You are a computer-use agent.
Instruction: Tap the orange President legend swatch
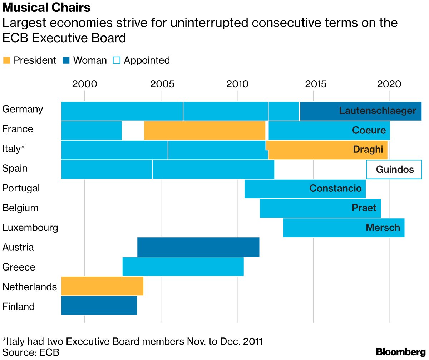click(7, 60)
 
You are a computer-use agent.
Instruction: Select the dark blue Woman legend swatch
click(66, 60)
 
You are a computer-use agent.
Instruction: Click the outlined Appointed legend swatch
click(117, 60)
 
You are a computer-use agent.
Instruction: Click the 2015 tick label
click(313, 84)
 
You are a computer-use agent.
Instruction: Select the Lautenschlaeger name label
click(378, 111)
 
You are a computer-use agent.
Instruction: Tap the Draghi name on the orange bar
click(368, 150)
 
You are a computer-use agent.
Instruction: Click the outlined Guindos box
click(394, 169)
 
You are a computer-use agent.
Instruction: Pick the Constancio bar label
click(335, 189)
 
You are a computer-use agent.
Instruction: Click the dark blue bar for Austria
click(198, 247)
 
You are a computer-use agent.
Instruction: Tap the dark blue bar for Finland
click(99, 305)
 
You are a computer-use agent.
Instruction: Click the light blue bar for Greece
click(183, 267)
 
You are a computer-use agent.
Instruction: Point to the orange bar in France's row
click(204, 130)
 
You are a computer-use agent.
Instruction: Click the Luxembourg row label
click(30, 228)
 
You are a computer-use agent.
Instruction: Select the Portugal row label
click(21, 188)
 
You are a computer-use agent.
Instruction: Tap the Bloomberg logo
click(400, 351)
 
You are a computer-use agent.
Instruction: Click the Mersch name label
click(383, 228)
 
